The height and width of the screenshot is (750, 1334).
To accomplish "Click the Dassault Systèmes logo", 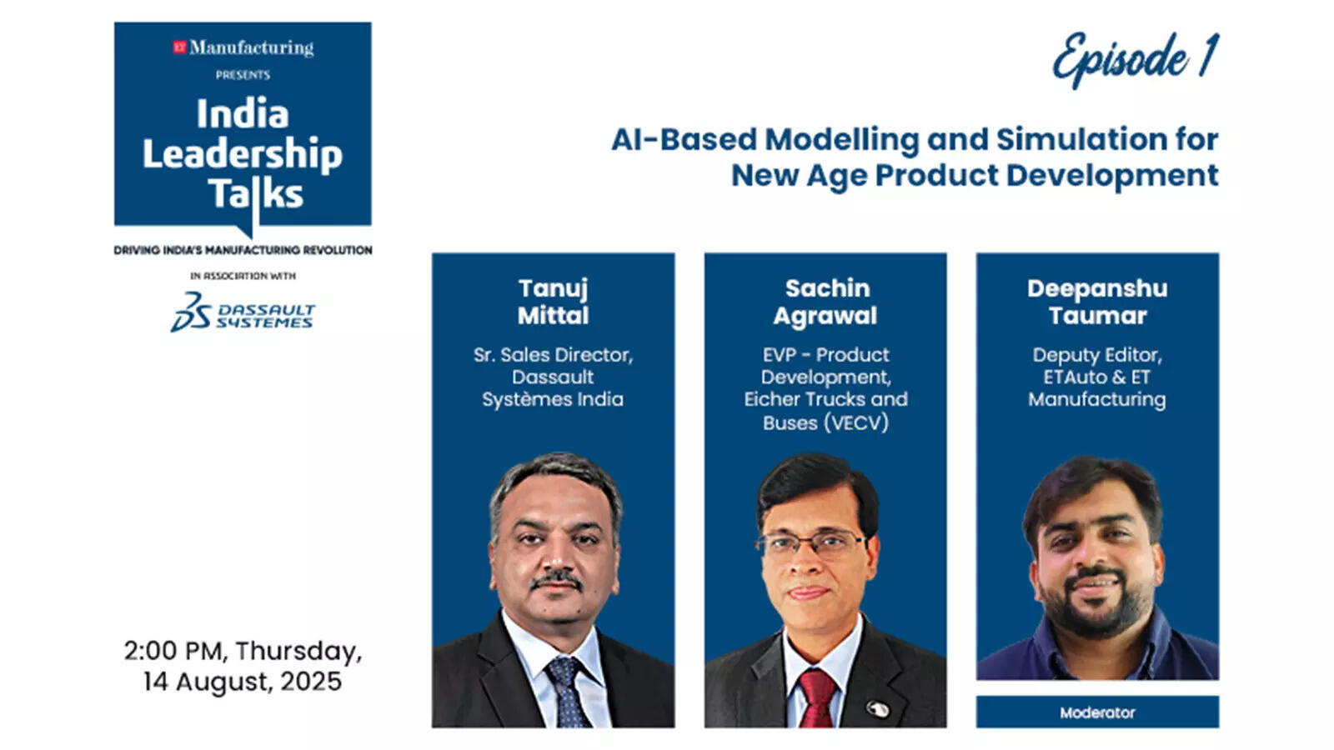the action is (243, 312).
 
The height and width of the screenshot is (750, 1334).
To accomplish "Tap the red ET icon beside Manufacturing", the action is (179, 47).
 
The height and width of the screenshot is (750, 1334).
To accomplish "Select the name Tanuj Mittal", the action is (554, 302).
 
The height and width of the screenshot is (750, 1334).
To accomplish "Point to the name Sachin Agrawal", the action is (825, 302).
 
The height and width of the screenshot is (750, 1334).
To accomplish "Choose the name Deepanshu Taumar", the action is (1097, 302).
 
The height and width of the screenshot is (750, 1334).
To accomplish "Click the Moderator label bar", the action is (1097, 712).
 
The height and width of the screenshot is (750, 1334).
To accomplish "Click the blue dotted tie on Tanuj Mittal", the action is (566, 692).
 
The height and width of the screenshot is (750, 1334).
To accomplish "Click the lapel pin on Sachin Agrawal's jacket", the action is (877, 708).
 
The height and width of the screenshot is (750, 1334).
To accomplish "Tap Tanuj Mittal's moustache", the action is (556, 580).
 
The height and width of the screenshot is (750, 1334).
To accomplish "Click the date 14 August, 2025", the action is (243, 682).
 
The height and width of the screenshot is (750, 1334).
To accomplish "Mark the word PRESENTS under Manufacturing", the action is (243, 75).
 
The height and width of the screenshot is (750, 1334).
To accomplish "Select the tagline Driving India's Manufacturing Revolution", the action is (243, 250).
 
